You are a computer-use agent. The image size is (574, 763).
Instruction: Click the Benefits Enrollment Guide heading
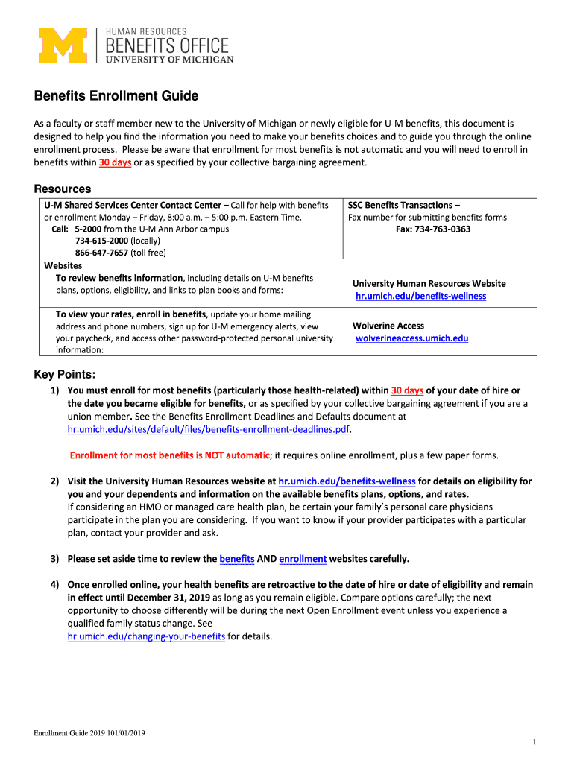116,96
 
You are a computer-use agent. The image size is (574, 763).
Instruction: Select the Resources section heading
63,189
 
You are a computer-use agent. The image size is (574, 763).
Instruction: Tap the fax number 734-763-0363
433,229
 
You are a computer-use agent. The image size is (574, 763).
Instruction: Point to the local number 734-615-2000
102,241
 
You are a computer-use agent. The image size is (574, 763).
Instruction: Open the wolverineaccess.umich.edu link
411,338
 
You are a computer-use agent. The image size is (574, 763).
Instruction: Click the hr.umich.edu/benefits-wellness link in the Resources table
420,296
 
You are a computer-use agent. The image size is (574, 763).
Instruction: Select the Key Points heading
65,374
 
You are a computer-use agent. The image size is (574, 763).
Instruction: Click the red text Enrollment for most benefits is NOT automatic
169,455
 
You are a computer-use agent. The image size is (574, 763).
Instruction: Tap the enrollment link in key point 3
303,558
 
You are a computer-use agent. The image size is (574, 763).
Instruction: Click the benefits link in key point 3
237,558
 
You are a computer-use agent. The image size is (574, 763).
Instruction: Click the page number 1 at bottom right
535,741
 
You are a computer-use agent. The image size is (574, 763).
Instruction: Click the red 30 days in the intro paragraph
115,162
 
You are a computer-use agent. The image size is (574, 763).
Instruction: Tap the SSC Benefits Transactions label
404,205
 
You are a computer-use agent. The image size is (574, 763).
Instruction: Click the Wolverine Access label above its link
388,326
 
